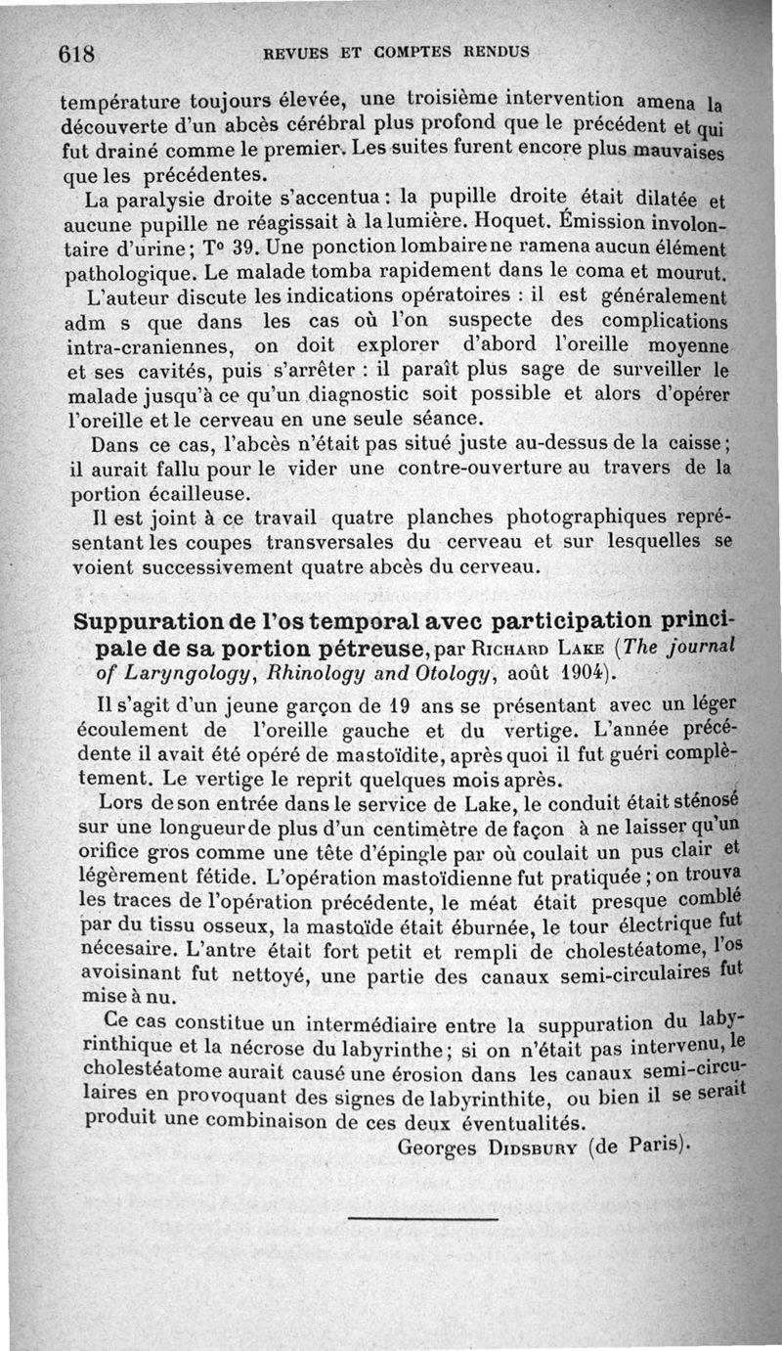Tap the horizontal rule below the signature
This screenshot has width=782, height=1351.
pos(422,1218)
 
